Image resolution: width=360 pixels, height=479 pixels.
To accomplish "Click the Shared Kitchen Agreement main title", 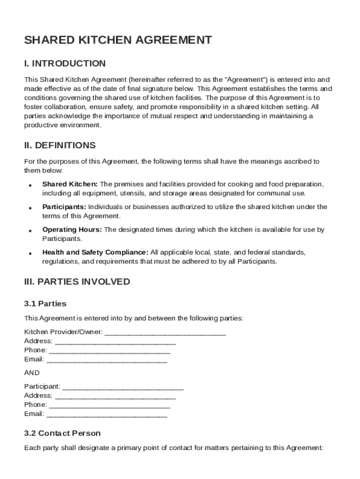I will tap(118, 40).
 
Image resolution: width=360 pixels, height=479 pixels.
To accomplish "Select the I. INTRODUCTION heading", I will tap(65, 64).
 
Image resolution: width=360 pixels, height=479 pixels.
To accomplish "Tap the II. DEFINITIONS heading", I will tap(60, 145).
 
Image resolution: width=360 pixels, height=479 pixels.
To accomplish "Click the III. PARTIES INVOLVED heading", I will tap(77, 282).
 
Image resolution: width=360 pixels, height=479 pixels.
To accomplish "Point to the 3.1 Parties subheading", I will tap(45, 304).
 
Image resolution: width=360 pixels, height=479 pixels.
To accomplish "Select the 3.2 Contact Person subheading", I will tap(62, 433).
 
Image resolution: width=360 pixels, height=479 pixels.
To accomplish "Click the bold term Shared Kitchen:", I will tap(70, 184).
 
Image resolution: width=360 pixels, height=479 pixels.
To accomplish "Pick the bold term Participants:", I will tap(64, 207).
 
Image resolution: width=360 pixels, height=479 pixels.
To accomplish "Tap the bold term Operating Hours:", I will tap(72, 230).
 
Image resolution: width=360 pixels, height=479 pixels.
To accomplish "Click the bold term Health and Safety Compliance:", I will tap(95, 253).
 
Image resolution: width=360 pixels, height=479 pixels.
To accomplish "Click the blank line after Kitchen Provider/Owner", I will tap(165, 333).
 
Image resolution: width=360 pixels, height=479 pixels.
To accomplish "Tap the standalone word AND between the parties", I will tap(32, 373).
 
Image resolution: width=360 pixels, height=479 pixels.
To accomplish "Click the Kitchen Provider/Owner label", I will tap(63, 332).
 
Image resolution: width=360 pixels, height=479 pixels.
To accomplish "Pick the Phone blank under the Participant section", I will tap(109, 405).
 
